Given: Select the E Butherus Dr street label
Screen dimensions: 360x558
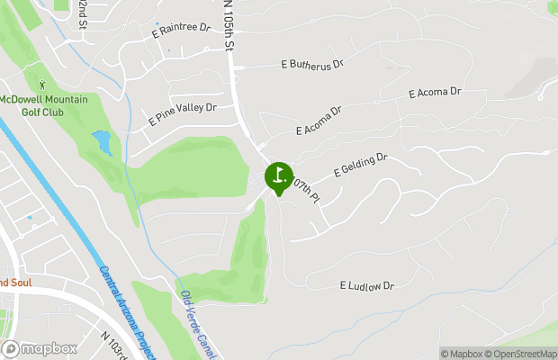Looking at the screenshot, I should [x=313, y=64].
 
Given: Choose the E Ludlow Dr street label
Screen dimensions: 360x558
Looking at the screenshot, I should [x=367, y=286].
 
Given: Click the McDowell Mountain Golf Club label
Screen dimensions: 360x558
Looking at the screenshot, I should [x=44, y=104].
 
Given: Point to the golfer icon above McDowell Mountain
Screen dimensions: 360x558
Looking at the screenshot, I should [x=42, y=85].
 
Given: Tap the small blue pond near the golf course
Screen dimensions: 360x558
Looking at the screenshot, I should [x=102, y=142].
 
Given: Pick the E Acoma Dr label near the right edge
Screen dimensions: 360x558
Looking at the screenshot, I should [x=435, y=93].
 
